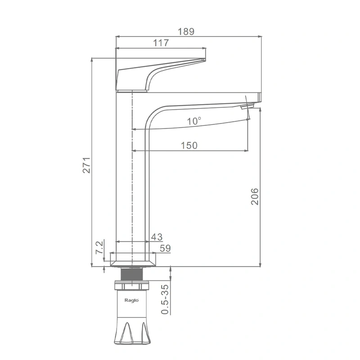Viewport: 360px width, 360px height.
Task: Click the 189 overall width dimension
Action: pos(186,31)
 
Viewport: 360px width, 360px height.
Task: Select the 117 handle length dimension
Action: pos(161,43)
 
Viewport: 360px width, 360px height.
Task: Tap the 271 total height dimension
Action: pos(86,165)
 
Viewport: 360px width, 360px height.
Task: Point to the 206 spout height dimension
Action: pos(255,197)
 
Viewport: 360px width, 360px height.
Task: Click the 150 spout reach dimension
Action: pos(189,145)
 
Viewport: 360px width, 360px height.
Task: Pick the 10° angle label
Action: pos(194,121)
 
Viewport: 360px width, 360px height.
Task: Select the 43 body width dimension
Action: pos(157,237)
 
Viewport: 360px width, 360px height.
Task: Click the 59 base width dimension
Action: pos(165,248)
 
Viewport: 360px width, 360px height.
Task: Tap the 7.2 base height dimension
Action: pos(99,247)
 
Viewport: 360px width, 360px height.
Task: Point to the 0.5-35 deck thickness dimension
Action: pos(165,299)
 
